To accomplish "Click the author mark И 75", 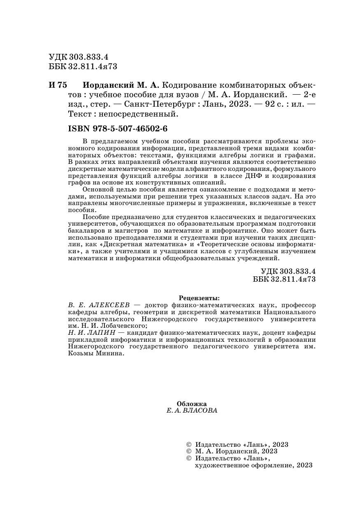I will [x=57, y=86].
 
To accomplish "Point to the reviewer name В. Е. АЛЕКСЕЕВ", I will [x=99, y=305].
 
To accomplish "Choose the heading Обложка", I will [x=191, y=404].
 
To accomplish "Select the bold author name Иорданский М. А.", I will [x=121, y=86].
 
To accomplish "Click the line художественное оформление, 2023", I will [x=254, y=465].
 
